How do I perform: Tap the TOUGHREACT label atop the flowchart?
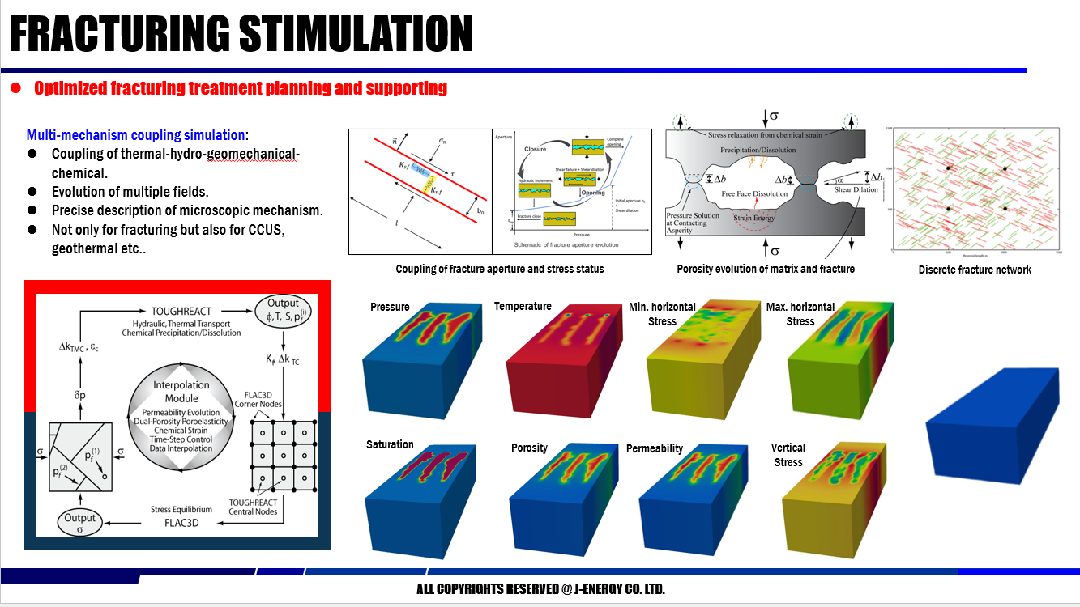click(x=181, y=310)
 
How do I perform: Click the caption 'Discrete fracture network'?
click(x=974, y=270)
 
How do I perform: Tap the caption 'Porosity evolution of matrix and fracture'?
click(x=765, y=269)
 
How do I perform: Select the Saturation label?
click(x=390, y=444)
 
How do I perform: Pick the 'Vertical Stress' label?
click(x=788, y=455)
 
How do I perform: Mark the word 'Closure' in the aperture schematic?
click(x=533, y=149)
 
